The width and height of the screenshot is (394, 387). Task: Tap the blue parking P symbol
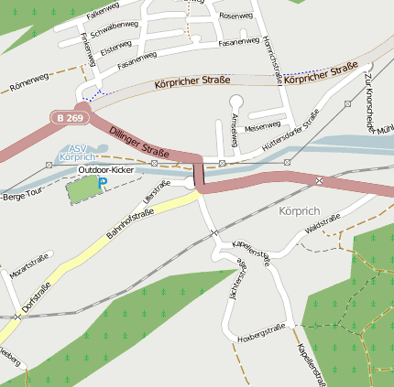click(103, 184)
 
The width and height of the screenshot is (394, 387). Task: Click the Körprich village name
click(295, 210)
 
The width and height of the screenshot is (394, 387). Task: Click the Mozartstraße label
click(28, 267)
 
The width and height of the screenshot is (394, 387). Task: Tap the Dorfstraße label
click(37, 298)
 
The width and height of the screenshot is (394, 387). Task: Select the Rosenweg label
click(236, 16)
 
